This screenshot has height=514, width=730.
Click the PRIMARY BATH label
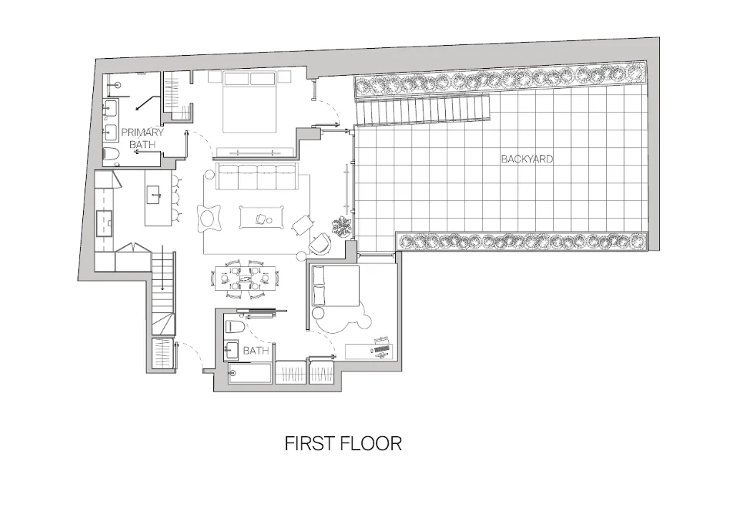tap(141, 138)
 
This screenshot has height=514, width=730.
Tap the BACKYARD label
tap(527, 159)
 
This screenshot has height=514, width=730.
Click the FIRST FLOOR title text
tap(343, 444)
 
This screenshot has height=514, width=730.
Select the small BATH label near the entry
tap(255, 351)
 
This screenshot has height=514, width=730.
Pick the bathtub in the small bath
tap(250, 373)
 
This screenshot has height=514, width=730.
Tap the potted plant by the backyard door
tap(341, 226)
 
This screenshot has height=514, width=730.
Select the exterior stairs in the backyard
tap(424, 110)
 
